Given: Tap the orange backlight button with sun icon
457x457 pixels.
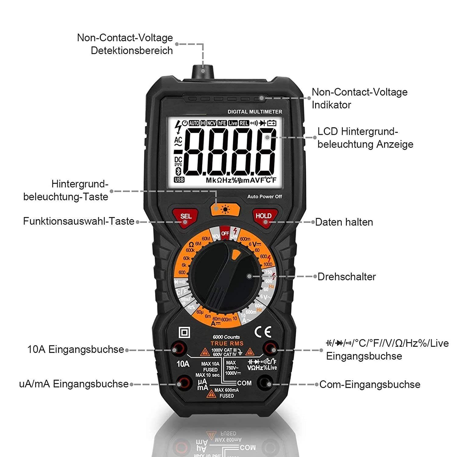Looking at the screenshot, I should pos(225,209).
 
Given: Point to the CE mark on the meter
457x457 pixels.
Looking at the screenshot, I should pos(263,331).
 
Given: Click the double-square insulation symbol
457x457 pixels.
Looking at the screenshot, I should pos(184,332).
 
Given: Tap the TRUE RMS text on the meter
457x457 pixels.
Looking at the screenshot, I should pos(227,343).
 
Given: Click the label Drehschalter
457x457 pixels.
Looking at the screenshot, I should pos(346,277).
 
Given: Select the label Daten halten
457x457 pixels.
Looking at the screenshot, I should pos(344,222).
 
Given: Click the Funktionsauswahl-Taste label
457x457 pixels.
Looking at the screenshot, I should pos(79,221).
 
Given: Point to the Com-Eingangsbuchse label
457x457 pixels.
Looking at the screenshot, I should pos(370,384).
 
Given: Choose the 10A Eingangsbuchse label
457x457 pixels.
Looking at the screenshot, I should pos(76,349).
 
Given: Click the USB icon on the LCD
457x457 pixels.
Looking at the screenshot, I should pos(179,180).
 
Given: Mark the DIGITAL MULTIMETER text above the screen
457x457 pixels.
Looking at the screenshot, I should pos(255,112).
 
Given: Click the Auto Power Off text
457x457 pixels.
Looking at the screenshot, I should pos(264,197).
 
